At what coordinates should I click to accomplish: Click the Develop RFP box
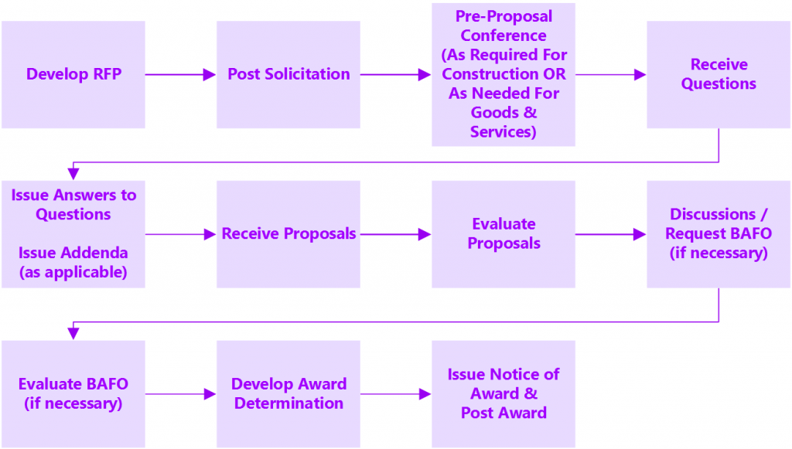pyautogui.click(x=73, y=74)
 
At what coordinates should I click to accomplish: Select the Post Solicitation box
pyautogui.click(x=288, y=74)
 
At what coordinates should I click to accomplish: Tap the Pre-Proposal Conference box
pyautogui.click(x=504, y=74)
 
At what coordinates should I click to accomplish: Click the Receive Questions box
pyautogui.click(x=719, y=74)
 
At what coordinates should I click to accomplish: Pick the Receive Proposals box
pyautogui.click(x=288, y=233)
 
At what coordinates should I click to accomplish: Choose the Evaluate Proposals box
pyautogui.click(x=504, y=233)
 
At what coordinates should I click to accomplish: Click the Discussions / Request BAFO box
pyautogui.click(x=719, y=233)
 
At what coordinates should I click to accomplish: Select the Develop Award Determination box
pyautogui.click(x=288, y=393)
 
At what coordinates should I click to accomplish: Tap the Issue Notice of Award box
pyautogui.click(x=504, y=393)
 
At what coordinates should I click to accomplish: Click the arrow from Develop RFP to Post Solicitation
pyautogui.click(x=179, y=74)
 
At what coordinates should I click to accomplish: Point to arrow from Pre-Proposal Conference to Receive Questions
pyautogui.click(x=610, y=74)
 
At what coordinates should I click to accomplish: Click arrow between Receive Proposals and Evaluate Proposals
pyautogui.click(x=394, y=233)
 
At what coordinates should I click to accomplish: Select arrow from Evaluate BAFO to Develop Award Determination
pyautogui.click(x=179, y=393)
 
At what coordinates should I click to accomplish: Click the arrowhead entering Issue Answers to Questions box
pyautogui.click(x=73, y=174)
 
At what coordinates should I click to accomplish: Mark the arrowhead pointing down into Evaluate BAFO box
pyautogui.click(x=73, y=333)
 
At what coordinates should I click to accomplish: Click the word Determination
pyautogui.click(x=288, y=403)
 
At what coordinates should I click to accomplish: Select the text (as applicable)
pyautogui.click(x=73, y=272)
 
